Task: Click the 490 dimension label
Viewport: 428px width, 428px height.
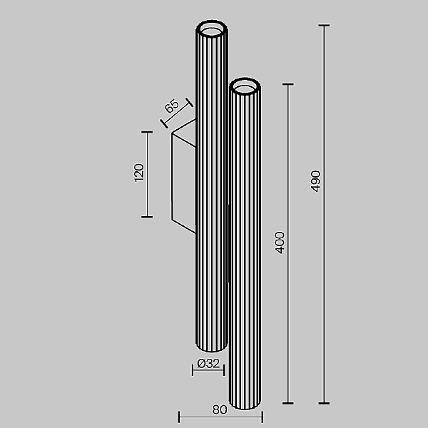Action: [x=315, y=181]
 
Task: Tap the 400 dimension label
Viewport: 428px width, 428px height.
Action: [x=280, y=243]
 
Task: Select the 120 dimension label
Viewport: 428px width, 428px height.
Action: [x=139, y=173]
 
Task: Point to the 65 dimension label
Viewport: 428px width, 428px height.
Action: [x=172, y=106]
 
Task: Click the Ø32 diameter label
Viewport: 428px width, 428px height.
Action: [x=208, y=363]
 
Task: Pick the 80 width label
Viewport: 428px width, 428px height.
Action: [x=220, y=409]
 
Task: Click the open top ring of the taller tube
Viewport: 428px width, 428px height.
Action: [x=212, y=28]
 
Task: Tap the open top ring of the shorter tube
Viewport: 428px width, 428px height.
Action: [x=245, y=86]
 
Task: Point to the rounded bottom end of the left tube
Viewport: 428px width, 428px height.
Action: [x=211, y=346]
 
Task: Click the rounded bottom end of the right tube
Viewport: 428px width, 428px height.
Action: [x=245, y=404]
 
